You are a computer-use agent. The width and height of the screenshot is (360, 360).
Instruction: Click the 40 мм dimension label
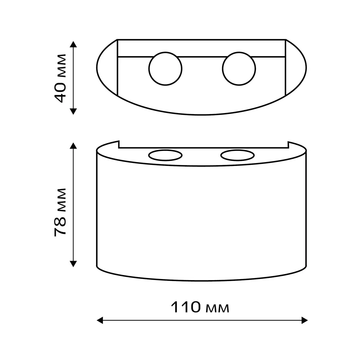pyautogui.click(x=60, y=78)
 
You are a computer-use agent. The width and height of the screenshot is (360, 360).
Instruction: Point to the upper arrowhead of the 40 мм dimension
pyautogui.click(x=73, y=44)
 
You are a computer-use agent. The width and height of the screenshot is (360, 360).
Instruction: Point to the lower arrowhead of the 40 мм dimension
pyautogui.click(x=73, y=112)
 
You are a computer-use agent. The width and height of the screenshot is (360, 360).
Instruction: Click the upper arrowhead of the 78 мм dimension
pyautogui.click(x=73, y=145)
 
